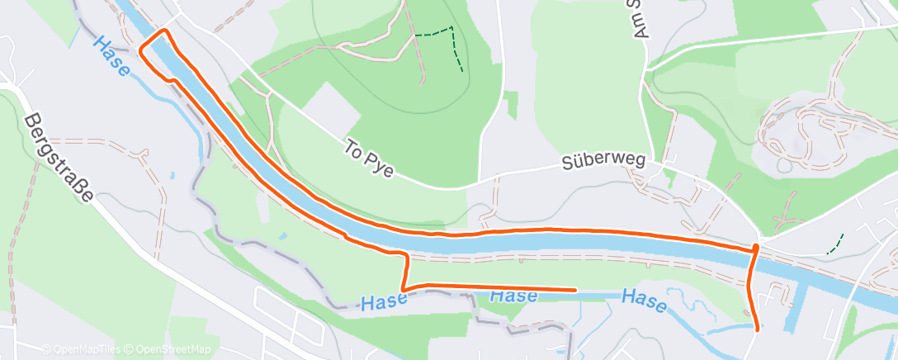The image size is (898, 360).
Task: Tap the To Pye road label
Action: click(x=368, y=159)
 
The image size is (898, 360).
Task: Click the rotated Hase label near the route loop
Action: click(x=111, y=55)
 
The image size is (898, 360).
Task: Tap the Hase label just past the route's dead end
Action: click(x=643, y=301)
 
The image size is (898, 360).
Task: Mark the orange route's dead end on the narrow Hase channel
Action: click(x=574, y=290)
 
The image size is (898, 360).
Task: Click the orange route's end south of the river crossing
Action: click(x=758, y=328)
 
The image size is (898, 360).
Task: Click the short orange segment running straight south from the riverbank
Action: click(x=406, y=271)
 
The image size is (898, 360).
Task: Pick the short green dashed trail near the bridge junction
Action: click(x=835, y=244)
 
